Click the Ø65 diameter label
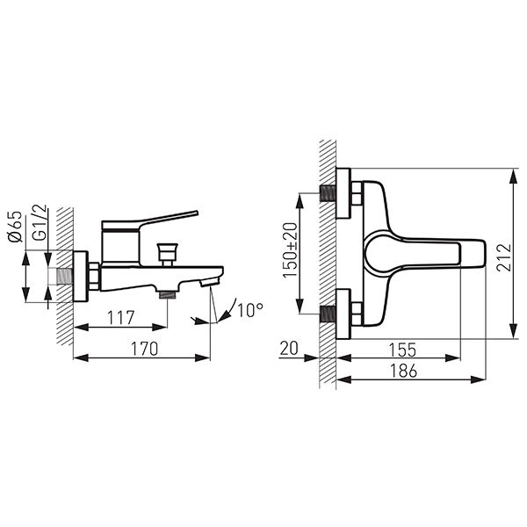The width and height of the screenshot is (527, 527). click(13, 227)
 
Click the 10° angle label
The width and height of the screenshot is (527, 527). click(249, 309)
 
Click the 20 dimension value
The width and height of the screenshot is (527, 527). click(290, 348)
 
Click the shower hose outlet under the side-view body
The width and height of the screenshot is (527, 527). click(165, 292)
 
